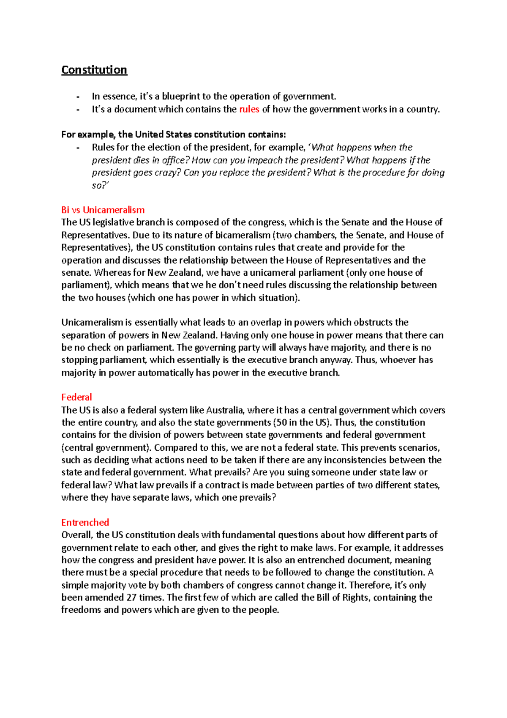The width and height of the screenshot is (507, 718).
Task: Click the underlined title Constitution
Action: [94, 70]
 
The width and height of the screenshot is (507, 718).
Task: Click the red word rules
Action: [249, 109]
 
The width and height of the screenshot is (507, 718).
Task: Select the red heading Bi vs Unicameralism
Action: [103, 210]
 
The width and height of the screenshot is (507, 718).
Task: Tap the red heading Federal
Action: [76, 397]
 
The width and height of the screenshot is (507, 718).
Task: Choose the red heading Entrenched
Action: [85, 522]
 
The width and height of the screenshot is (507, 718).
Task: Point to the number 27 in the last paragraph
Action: [131, 597]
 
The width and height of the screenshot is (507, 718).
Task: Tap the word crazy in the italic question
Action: [169, 173]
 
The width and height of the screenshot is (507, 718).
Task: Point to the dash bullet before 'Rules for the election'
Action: [78, 148]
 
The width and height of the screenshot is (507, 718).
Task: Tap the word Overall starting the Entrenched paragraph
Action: [76, 535]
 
